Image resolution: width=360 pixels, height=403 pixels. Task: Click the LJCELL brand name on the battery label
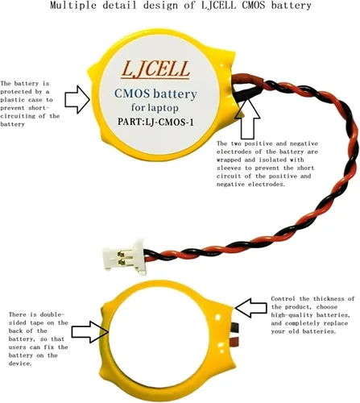(x=155, y=69)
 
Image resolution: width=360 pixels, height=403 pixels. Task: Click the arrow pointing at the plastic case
(x=77, y=99)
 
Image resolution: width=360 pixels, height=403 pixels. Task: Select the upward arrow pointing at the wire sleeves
(x=247, y=118)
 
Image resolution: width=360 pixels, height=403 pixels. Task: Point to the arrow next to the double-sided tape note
(x=91, y=332)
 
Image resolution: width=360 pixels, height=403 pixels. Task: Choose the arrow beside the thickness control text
(x=250, y=308)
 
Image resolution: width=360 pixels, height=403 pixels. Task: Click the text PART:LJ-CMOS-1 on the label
(x=155, y=122)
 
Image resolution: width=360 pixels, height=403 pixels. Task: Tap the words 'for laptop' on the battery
(x=155, y=108)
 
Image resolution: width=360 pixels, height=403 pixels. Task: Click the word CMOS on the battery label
(x=132, y=93)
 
